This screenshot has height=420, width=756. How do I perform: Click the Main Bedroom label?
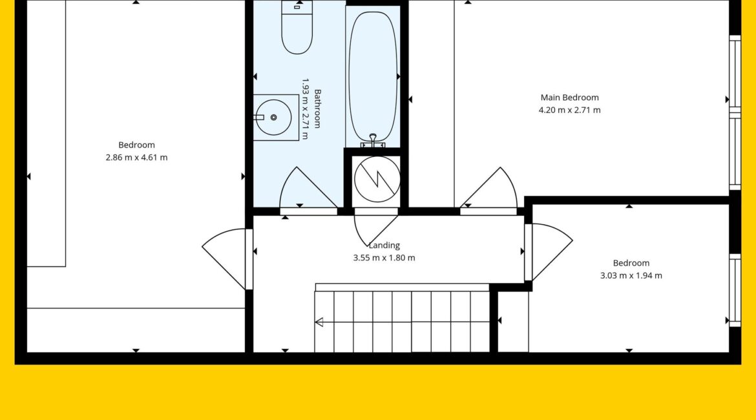[569, 98]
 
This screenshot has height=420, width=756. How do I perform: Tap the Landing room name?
[384, 246]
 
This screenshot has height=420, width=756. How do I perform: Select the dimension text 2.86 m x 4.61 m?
[136, 158]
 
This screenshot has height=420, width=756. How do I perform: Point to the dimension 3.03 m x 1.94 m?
[631, 276]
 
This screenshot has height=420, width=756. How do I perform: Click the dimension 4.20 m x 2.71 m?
[569, 110]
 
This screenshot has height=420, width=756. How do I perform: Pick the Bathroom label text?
[317, 109]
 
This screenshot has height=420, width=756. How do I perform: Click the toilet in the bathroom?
[297, 27]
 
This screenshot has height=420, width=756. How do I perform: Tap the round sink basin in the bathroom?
[273, 117]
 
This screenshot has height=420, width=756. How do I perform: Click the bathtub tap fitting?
[373, 141]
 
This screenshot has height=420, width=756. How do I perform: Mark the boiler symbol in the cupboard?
[377, 179]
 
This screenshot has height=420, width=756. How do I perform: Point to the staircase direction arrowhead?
[319, 322]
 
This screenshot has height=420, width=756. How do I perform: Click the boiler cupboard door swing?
[375, 231]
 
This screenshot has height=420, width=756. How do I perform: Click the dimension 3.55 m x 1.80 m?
[384, 258]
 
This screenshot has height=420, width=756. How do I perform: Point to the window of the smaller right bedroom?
[735, 290]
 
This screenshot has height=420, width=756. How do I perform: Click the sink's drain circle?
[274, 117]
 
